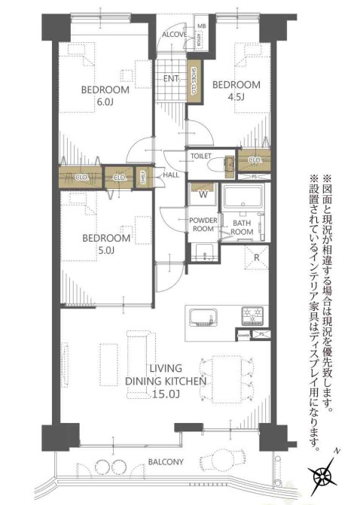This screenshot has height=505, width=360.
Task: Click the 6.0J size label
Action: coord(106,102)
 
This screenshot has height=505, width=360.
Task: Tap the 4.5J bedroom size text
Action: coord(224,96)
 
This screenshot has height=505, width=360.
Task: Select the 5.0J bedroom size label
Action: coord(106,251)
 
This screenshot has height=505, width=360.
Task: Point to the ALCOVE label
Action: coord(174,34)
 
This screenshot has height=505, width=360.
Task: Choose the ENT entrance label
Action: coord(169,78)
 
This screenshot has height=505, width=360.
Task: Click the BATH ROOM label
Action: coord(242,227)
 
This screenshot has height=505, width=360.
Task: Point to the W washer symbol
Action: coord(203,192)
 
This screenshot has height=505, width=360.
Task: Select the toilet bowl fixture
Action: coord(224,164)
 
